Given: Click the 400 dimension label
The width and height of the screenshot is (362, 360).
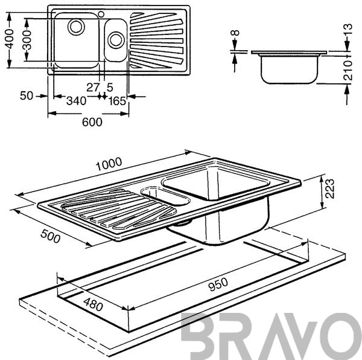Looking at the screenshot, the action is (9, 39).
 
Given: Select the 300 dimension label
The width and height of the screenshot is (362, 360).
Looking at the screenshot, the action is (27, 40).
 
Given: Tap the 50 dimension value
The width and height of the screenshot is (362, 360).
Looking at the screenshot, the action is (27, 95).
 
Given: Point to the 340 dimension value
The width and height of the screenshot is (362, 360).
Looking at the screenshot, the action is (76, 101).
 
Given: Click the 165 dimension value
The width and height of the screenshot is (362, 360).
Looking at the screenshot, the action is (117, 101).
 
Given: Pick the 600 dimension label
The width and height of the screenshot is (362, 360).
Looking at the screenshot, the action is (92, 122).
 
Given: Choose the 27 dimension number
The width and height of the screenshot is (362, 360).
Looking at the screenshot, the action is (93, 88).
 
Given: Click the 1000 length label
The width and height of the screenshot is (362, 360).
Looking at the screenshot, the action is (109, 164).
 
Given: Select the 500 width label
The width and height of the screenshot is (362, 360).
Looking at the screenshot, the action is (50, 236).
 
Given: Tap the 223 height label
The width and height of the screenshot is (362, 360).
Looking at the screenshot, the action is (329, 188).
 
